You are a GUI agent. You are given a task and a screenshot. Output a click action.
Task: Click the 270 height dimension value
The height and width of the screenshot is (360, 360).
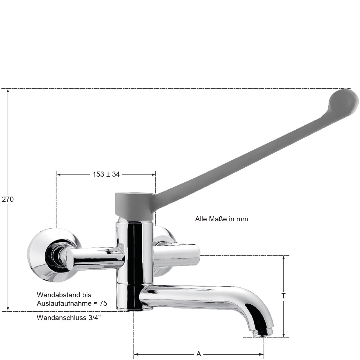click(x=8, y=199)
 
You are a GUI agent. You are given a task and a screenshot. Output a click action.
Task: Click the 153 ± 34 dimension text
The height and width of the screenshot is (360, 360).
click(x=106, y=174)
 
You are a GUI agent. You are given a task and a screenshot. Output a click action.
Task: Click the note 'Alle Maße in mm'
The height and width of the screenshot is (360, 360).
click(x=222, y=219)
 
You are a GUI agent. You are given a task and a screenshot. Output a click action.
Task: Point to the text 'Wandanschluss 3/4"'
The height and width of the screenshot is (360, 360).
click(x=69, y=318)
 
